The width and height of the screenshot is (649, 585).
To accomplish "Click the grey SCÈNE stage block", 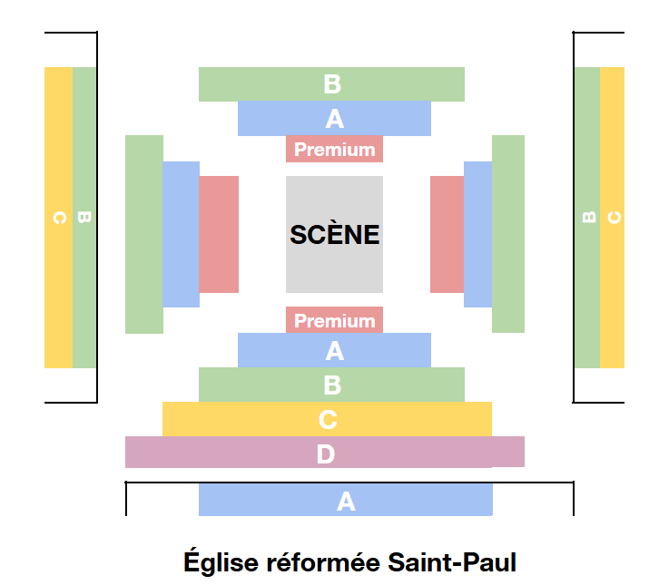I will tap(334, 234).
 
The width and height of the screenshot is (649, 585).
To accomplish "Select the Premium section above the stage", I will tap(334, 149).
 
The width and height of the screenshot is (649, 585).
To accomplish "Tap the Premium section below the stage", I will tap(334, 320).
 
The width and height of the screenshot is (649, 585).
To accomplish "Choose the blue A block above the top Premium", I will tap(334, 118).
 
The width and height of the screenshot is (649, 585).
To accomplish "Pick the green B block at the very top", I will tap(331, 84).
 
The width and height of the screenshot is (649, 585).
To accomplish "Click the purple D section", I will tap(324, 452).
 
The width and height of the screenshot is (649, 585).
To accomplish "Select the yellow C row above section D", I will tap(327, 419).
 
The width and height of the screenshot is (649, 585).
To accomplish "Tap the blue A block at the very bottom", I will tap(345, 500).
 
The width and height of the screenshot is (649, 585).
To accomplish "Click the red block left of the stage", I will tap(219, 234).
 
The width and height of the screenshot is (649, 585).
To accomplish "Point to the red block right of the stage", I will tap(447, 234).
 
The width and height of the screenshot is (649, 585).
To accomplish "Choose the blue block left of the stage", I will tap(181, 234).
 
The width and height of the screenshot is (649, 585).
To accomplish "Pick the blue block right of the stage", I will tap(477, 234).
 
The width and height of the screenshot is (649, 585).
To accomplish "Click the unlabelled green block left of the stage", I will tap(143, 234).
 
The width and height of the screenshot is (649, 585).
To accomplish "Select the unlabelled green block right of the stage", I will tap(508, 234).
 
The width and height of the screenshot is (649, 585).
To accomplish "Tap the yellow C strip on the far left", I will tap(58, 218).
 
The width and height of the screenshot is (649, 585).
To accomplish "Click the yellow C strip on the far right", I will tap(613, 218).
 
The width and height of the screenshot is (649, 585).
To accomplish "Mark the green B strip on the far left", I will tap(84, 218).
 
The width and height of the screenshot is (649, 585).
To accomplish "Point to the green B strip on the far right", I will tap(586, 218).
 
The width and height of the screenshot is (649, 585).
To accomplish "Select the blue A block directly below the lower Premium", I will tap(334, 350).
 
